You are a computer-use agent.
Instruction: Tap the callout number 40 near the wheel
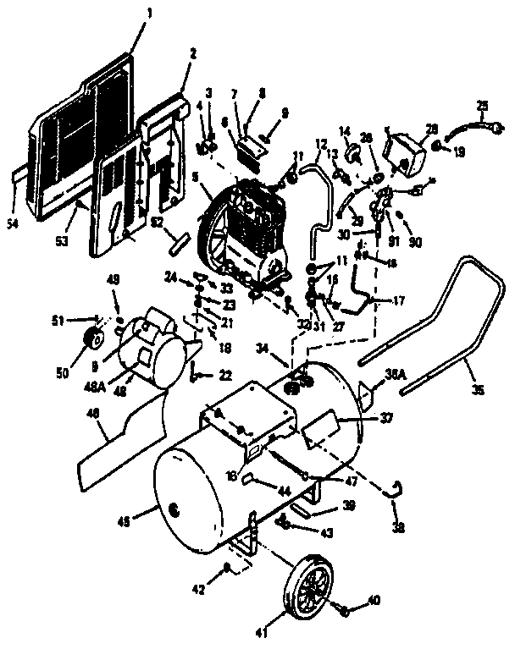374,602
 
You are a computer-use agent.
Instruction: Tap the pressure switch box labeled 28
404,154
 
